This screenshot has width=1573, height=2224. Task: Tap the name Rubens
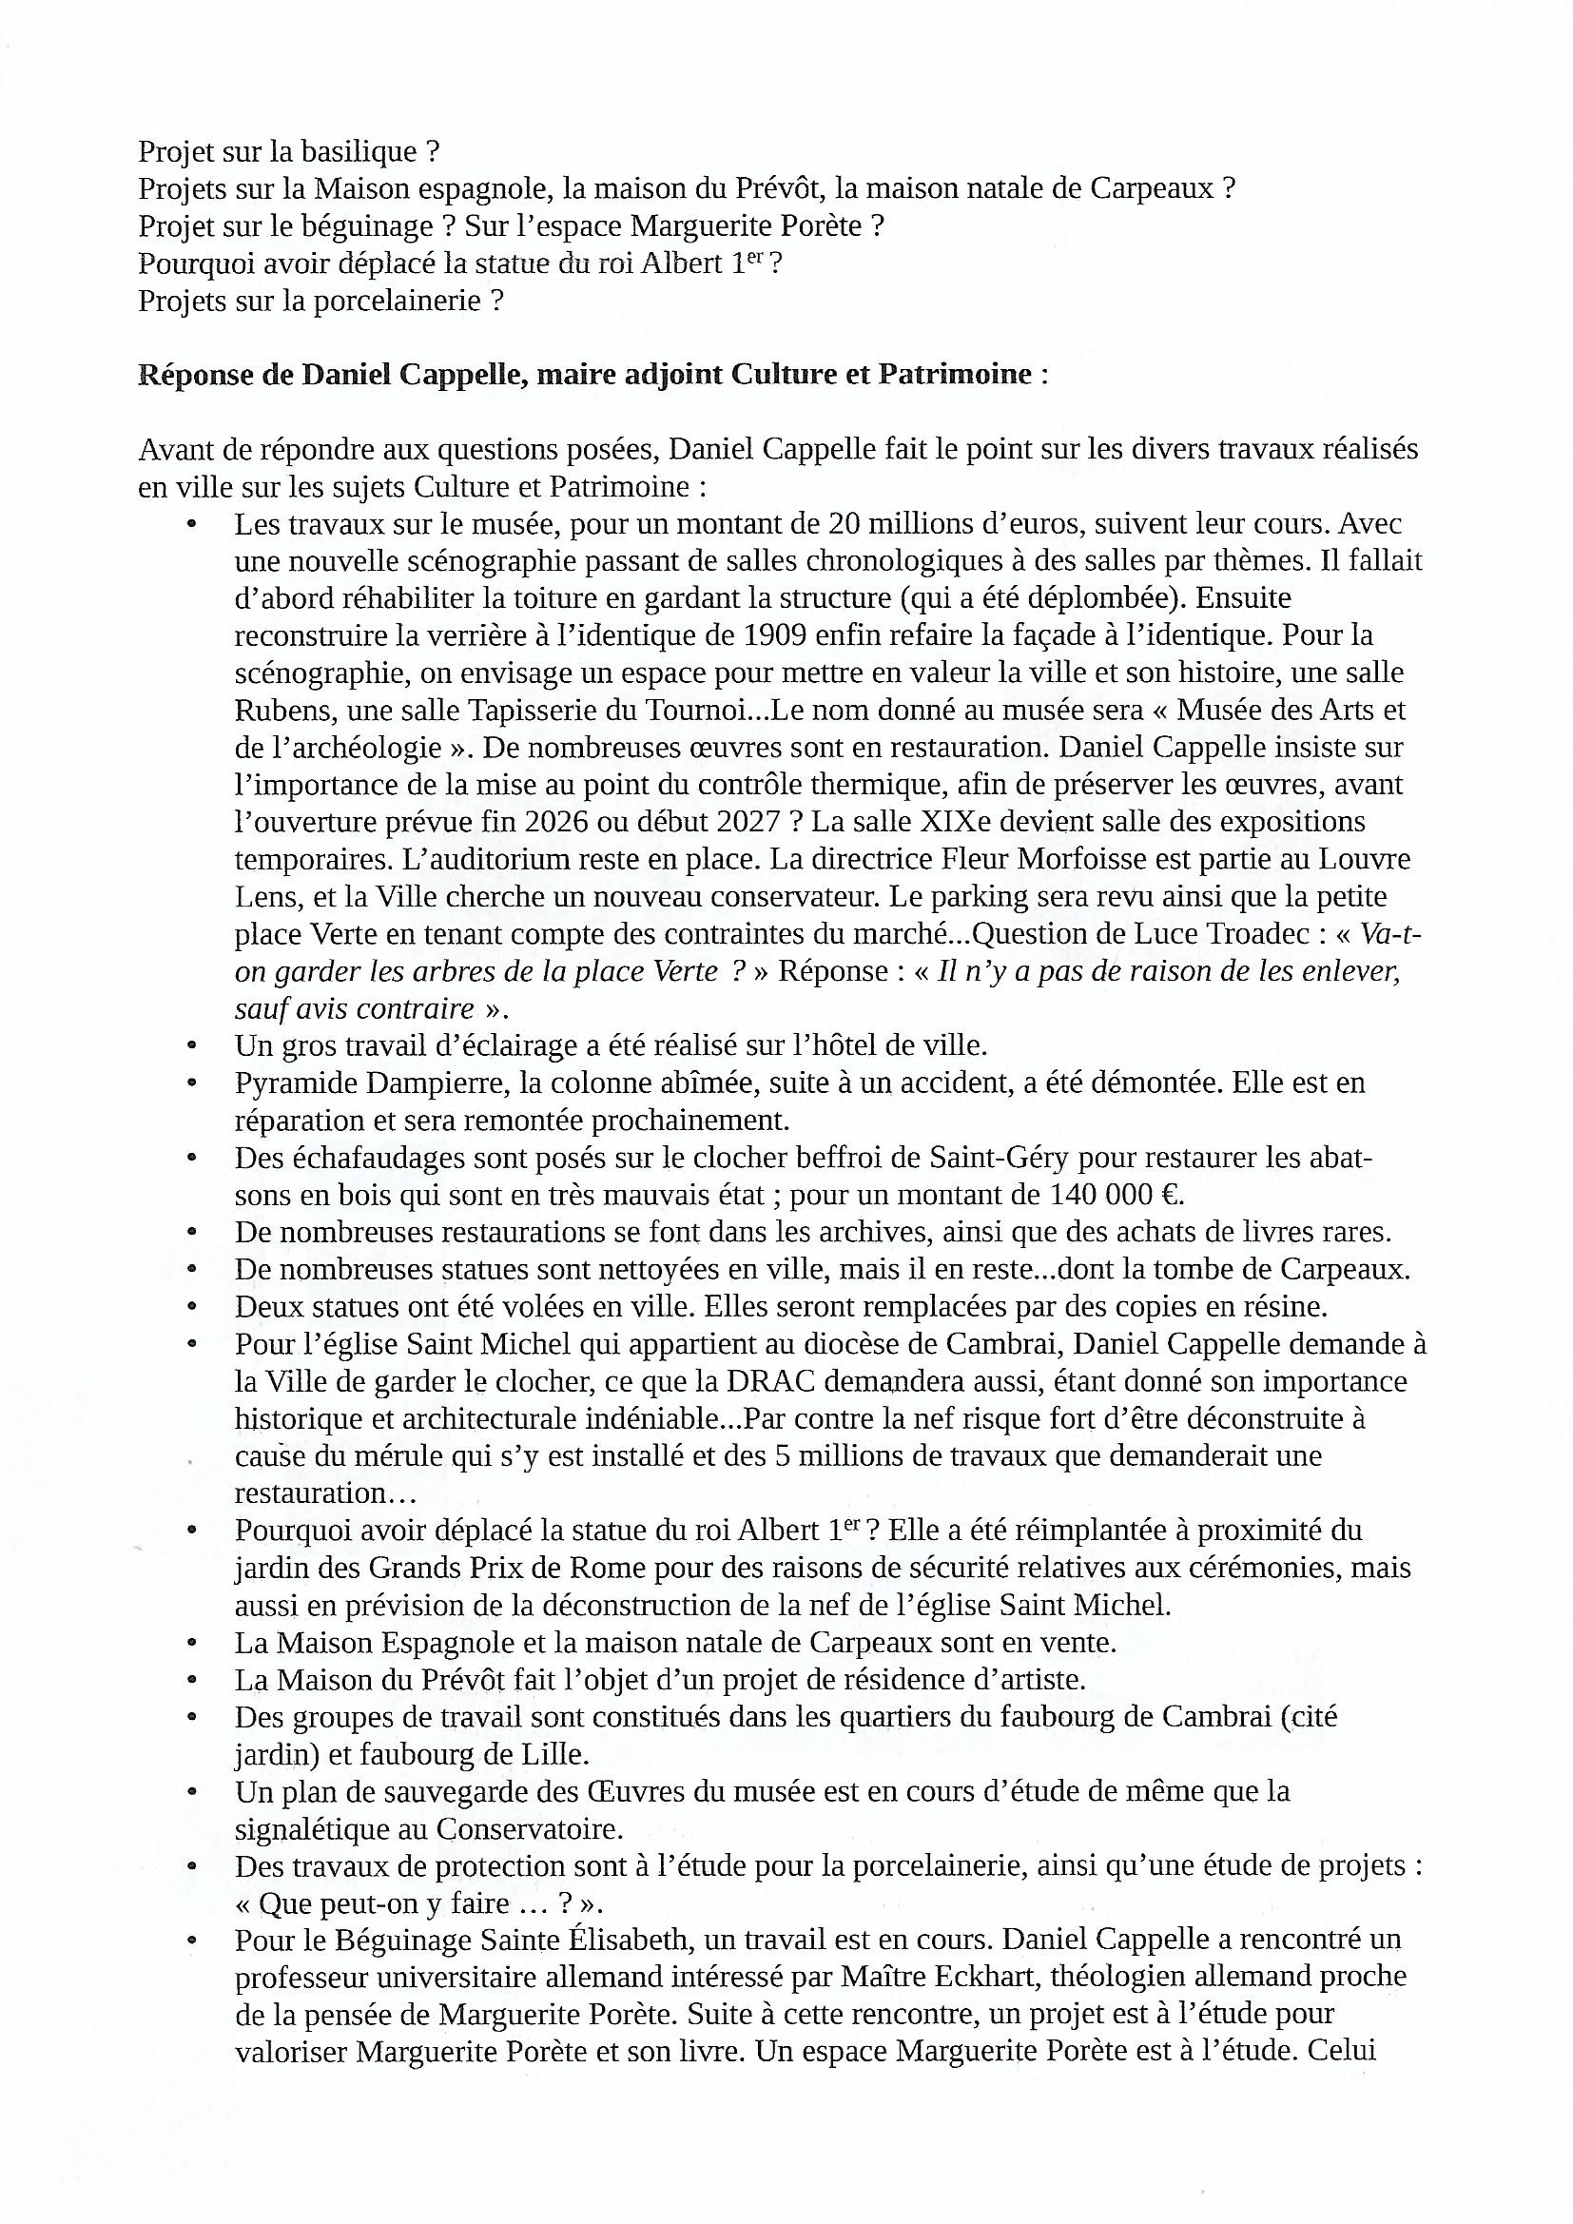coord(282,710)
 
